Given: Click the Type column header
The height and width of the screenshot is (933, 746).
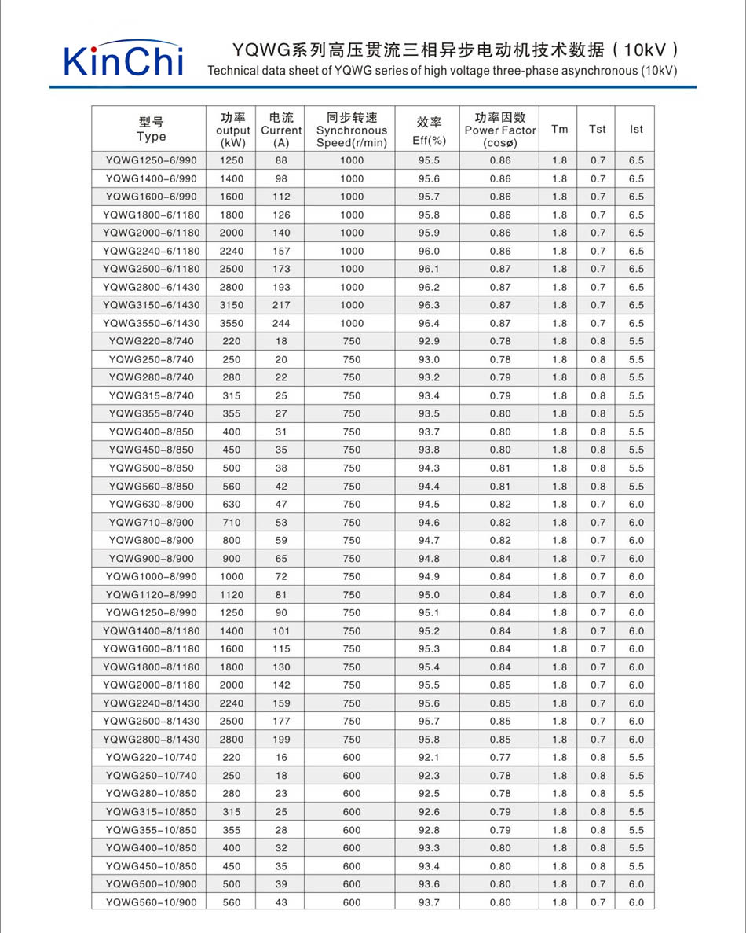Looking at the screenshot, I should point(151,129).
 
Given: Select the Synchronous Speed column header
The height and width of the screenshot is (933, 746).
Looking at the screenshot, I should point(352,130).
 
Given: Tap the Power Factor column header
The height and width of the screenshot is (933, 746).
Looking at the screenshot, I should point(500,130).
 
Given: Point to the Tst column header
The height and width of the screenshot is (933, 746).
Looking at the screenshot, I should point(598,129).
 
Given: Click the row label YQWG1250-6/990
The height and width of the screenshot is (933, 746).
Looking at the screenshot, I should point(151,160).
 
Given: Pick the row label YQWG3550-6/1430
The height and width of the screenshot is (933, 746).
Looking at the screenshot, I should point(151,323).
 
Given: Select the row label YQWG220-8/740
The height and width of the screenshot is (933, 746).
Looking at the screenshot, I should point(151,341).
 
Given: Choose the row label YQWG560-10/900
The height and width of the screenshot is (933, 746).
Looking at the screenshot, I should point(151,902).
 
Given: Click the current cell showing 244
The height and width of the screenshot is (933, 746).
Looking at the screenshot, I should point(281,323).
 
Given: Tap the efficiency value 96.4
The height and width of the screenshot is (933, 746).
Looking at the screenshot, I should point(429,323).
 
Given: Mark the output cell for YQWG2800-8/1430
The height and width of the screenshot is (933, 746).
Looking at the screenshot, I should point(232,739).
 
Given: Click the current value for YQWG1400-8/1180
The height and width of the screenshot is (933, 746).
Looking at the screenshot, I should point(281,630).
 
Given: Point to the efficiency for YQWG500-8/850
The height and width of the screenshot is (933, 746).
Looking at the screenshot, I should point(429,468).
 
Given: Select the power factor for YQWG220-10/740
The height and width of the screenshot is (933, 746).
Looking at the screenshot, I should point(500,757).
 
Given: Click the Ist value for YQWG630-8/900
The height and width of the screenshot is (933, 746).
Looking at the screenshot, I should point(636,504).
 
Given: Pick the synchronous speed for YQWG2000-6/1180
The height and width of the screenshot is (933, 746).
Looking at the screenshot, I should point(352,233).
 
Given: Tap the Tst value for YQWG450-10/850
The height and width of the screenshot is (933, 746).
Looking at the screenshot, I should point(598,866).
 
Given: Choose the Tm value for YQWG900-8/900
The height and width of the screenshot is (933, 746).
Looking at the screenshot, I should point(559,558).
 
